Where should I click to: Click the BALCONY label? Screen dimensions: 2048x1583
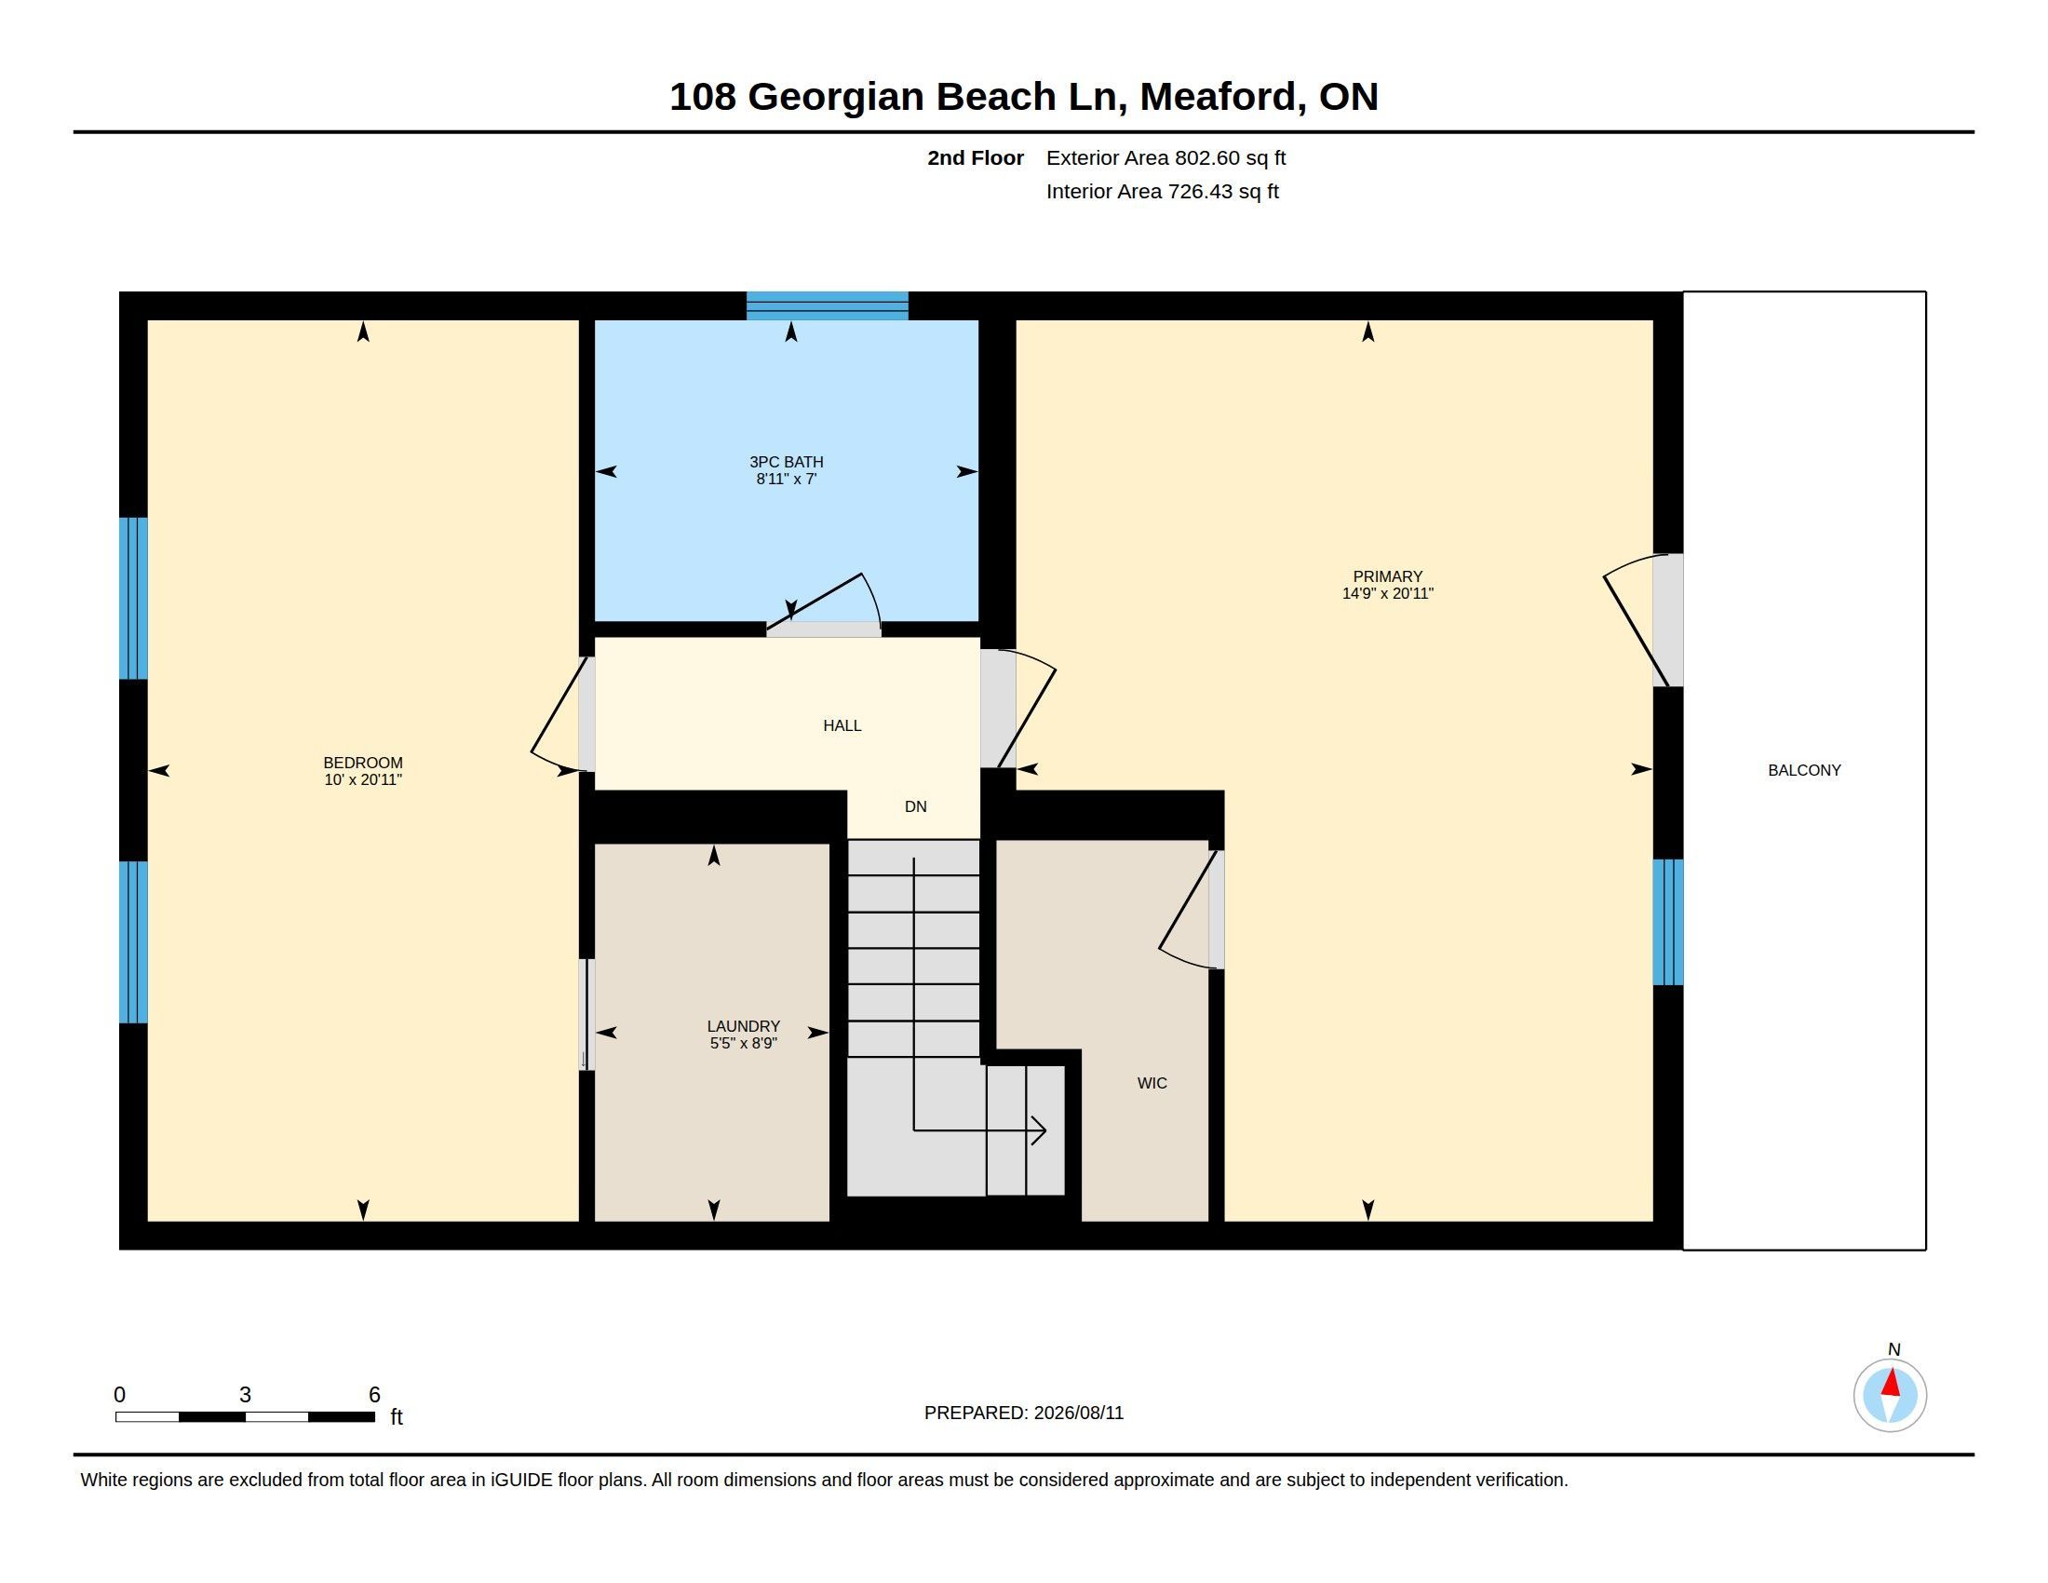click(1804, 770)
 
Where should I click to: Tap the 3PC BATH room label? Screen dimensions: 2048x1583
click(786, 461)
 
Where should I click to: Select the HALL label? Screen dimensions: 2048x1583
click(842, 724)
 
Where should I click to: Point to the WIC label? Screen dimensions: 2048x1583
click(1152, 1083)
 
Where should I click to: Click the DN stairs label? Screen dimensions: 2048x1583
click(915, 806)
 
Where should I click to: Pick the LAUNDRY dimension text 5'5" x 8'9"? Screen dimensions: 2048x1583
click(744, 1043)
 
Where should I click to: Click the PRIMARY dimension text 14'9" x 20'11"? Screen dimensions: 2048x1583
click(1388, 592)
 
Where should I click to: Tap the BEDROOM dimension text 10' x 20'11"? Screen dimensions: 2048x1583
click(363, 779)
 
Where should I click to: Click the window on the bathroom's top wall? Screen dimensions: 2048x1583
click(827, 305)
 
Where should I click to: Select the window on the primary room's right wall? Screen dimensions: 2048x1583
click(1667, 922)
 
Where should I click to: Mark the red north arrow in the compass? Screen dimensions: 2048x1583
click(1892, 1382)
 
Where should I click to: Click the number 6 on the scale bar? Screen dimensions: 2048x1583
click(374, 1395)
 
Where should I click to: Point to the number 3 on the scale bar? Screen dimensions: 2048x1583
click(245, 1395)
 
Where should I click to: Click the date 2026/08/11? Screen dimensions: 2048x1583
click(1078, 1413)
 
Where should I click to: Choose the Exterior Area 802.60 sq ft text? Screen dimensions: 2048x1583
click(1165, 157)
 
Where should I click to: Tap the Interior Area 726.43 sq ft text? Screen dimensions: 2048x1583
click(1162, 191)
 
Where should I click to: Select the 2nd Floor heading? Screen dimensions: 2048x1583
click(976, 157)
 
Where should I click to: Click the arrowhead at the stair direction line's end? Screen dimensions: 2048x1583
click(1039, 1130)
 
